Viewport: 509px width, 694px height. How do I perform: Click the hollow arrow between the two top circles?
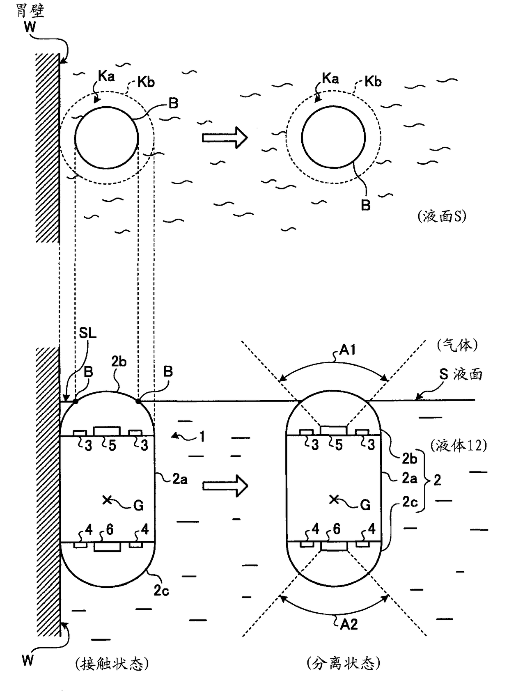click(225, 137)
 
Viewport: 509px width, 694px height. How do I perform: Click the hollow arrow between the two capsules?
click(225, 486)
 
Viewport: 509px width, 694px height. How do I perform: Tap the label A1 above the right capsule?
click(347, 350)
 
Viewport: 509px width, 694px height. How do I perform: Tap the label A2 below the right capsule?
click(349, 624)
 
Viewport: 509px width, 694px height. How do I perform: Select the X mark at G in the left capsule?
click(107, 499)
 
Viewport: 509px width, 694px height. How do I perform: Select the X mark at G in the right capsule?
click(334, 499)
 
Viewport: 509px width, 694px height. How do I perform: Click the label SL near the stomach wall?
click(87, 333)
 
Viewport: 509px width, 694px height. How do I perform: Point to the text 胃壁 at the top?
click(30, 10)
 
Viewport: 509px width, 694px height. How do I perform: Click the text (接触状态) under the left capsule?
click(112, 664)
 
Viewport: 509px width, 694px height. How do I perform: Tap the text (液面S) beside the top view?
click(442, 216)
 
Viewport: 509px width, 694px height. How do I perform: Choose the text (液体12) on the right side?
click(459, 445)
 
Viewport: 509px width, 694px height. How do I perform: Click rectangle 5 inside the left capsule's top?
click(107, 431)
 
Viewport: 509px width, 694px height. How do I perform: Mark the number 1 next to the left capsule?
click(202, 437)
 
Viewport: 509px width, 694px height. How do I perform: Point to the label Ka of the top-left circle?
click(106, 76)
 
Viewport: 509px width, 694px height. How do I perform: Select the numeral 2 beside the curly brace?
click(437, 480)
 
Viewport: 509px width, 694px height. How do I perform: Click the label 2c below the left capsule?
click(161, 591)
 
